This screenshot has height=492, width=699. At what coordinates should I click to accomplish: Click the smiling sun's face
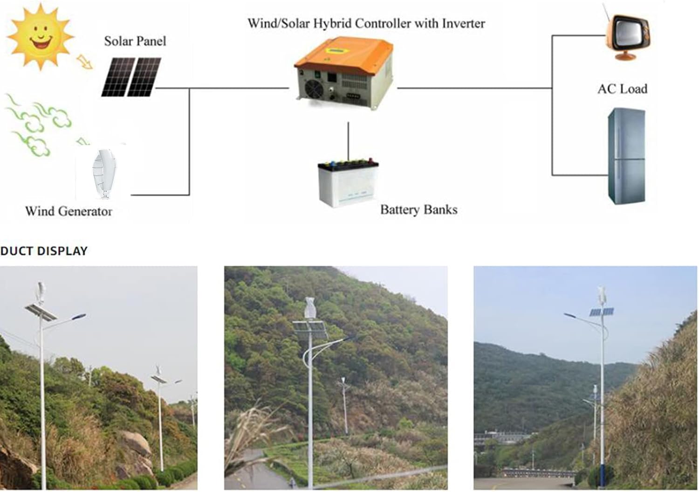pyautogui.click(x=40, y=36)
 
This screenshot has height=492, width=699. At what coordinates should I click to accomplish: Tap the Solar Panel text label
pyautogui.click(x=135, y=41)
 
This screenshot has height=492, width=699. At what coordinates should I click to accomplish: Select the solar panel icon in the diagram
pyautogui.click(x=131, y=77)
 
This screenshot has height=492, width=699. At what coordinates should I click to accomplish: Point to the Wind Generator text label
pyautogui.click(x=69, y=211)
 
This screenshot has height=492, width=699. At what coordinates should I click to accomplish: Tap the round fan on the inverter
pyautogui.click(x=312, y=87)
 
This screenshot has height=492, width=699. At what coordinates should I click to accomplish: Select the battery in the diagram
pyautogui.click(x=348, y=183)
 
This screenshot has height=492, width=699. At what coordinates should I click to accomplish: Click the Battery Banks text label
pyautogui.click(x=418, y=209)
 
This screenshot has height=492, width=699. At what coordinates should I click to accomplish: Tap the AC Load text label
pyautogui.click(x=622, y=89)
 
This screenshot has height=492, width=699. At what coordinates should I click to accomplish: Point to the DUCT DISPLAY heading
pyautogui.click(x=44, y=251)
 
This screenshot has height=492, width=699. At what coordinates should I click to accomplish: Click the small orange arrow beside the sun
pyautogui.click(x=85, y=62)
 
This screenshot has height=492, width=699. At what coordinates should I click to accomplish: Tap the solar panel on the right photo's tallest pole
pyautogui.click(x=601, y=312)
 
